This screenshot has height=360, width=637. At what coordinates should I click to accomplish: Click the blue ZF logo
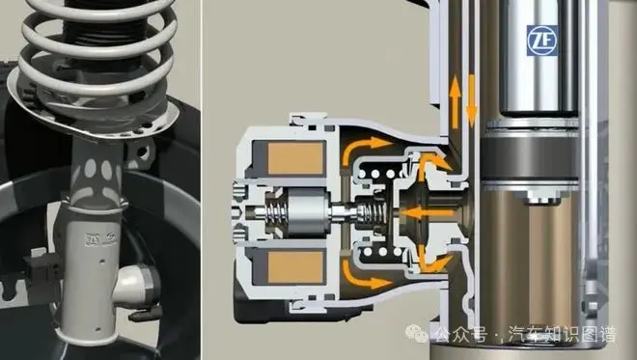(x=542, y=41)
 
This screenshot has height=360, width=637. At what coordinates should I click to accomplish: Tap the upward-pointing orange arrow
(x=456, y=101)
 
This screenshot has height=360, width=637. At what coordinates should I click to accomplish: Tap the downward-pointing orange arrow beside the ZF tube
(x=472, y=101)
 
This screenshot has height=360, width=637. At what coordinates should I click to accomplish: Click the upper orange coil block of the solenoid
(x=295, y=158)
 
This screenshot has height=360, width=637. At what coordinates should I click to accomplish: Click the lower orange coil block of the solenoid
(x=295, y=267)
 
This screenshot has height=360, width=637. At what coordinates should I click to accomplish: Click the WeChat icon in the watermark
(x=416, y=334)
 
